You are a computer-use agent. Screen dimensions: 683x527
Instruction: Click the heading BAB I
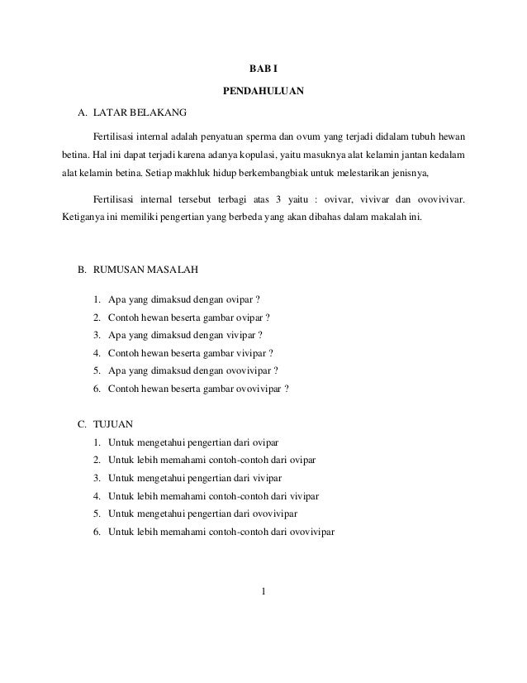click(263, 67)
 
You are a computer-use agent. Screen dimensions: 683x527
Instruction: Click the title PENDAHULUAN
click(263, 89)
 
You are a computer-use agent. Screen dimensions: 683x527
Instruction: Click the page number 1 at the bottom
click(263, 590)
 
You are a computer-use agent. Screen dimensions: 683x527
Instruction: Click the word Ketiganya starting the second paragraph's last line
click(85, 219)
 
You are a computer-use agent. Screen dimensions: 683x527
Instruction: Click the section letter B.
click(81, 269)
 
